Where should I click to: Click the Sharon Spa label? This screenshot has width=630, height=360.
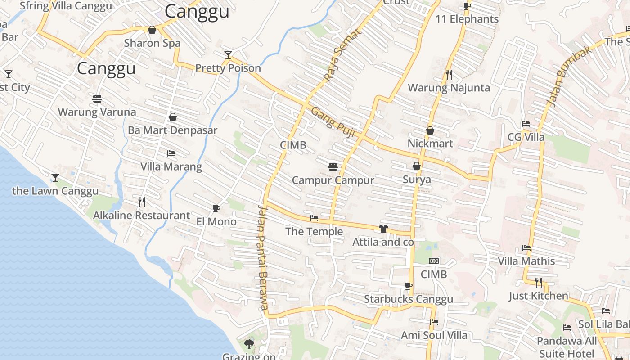tap(152, 43)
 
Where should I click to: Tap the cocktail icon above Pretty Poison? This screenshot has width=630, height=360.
tap(228, 55)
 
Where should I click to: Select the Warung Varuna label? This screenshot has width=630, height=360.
tap(97, 112)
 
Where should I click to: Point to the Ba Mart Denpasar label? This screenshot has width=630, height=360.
tap(172, 130)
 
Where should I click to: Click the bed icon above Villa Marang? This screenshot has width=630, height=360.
tap(171, 153)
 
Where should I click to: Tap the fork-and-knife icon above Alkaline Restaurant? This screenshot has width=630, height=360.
tap(142, 202)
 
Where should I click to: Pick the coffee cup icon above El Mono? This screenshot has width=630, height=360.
tap(216, 208)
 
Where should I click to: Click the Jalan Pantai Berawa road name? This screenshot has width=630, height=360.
tap(263, 257)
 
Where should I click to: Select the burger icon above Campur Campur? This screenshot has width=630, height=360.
tap(333, 167)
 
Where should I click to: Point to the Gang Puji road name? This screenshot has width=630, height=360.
tap(333, 123)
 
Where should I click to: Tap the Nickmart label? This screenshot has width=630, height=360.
tap(430, 144)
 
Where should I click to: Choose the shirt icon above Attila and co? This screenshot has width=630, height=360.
tap(383, 229)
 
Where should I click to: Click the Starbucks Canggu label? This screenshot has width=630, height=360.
tap(409, 299)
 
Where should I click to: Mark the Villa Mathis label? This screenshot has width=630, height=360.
tap(526, 261)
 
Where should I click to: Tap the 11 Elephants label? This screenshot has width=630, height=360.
tap(467, 19)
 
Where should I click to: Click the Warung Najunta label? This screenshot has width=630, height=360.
tap(449, 87)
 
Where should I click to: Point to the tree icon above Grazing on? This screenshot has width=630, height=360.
tap(249, 344)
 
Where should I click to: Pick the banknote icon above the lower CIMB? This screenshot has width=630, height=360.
tap(434, 261)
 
